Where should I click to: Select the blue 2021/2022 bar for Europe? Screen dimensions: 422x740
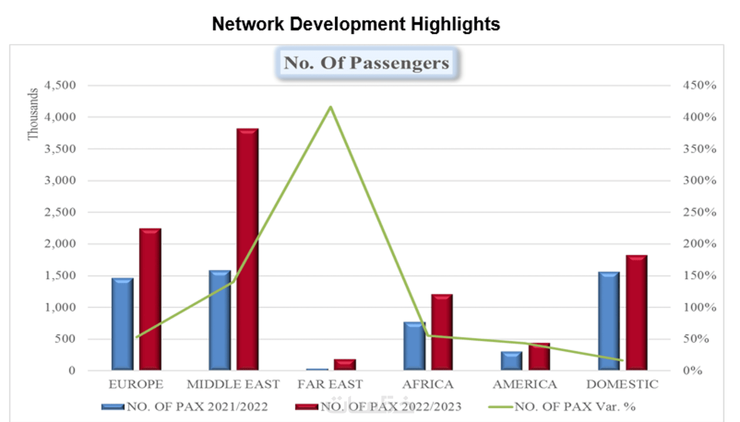click(x=122, y=324)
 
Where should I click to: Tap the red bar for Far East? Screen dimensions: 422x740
click(x=345, y=365)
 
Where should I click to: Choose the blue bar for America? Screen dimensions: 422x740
click(x=511, y=361)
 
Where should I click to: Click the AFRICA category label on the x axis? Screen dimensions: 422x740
click(x=427, y=384)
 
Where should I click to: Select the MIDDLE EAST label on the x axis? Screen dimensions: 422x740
click(x=233, y=384)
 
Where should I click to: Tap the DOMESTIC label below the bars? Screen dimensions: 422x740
click(x=622, y=384)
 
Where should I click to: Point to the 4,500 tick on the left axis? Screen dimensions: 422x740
click(x=60, y=85)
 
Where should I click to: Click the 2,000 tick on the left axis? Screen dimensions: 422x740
click(x=60, y=244)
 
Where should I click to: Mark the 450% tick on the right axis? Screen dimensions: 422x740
click(x=699, y=85)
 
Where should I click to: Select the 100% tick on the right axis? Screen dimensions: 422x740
click(x=699, y=307)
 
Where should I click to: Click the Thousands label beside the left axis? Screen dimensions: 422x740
click(x=33, y=114)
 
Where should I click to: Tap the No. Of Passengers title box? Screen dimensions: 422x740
click(x=367, y=63)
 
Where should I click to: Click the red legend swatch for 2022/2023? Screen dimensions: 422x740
click(x=306, y=407)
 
